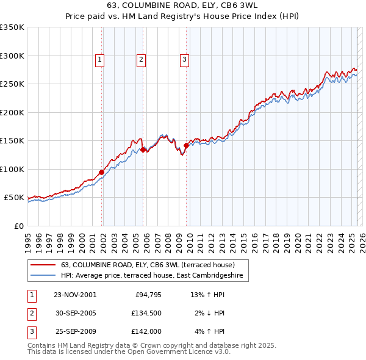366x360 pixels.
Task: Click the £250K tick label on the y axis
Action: click(12, 84)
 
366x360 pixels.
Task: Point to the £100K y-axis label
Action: click(12, 169)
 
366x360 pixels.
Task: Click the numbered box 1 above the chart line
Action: click(99, 59)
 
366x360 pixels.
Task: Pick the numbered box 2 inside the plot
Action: click(141, 59)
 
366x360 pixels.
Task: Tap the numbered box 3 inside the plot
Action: click(184, 59)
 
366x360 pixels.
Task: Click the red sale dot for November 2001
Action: click(102, 172)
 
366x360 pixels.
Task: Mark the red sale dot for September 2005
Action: click(143, 149)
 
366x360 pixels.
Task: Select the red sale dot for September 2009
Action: click(186, 145)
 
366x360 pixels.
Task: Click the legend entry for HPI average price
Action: click(152, 276)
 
